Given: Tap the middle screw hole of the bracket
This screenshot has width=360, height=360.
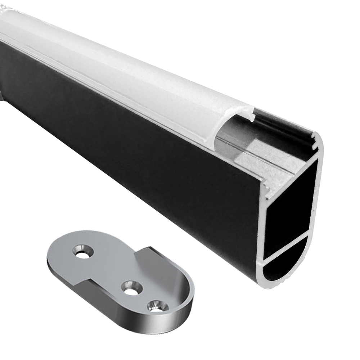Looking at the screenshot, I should (132, 287).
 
